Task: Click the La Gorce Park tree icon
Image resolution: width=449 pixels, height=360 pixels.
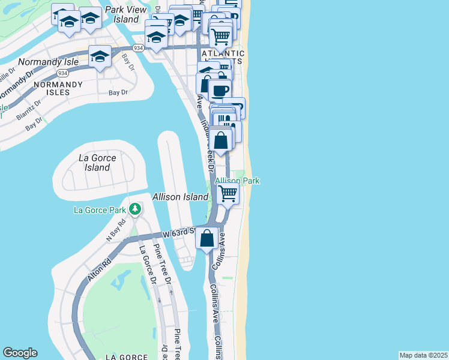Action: (x=136, y=209)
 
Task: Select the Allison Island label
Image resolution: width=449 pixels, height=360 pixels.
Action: (x=180, y=197)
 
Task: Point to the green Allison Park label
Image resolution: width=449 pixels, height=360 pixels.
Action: (x=237, y=180)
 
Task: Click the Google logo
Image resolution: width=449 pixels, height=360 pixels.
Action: (x=20, y=353)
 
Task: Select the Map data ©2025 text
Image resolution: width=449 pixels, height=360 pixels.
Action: (x=423, y=355)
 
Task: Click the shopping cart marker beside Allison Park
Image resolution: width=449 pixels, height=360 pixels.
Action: (x=228, y=193)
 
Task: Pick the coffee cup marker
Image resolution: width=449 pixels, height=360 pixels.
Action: (x=220, y=90)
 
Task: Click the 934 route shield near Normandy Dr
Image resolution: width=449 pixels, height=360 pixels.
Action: (x=61, y=73)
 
